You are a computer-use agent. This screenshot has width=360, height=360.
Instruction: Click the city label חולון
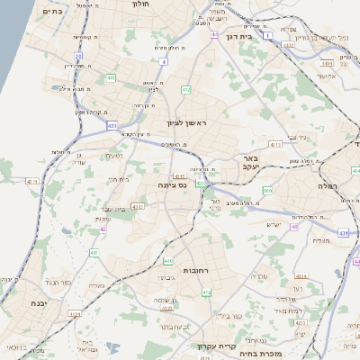(139, 4)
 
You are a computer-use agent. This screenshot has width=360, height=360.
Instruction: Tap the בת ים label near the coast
(52, 12)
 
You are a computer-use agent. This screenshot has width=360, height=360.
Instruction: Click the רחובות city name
(196, 270)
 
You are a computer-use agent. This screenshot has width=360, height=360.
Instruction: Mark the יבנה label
(37, 302)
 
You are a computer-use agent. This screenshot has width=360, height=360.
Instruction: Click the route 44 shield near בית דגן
(215, 34)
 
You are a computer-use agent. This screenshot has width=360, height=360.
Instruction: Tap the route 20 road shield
(78, 56)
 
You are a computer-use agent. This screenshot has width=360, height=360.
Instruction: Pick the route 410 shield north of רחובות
(168, 261)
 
